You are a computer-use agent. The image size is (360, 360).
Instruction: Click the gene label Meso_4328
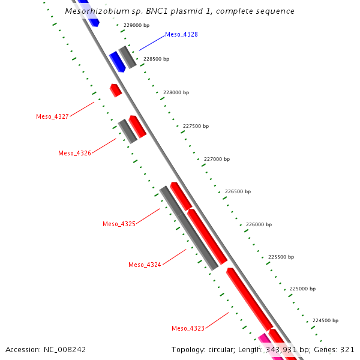pos(181,34)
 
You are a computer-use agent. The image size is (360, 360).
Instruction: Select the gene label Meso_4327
pos(52,116)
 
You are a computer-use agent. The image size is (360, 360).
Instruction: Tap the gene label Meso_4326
pos(74,153)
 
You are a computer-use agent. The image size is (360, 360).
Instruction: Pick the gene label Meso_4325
pos(119,224)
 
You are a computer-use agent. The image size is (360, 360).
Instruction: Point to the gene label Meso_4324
pos(145,265)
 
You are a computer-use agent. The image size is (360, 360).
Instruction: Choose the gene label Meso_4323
pos(188,328)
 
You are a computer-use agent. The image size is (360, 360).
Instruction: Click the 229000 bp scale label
pos(136,26)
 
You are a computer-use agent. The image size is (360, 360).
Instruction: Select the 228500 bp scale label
pos(156,59)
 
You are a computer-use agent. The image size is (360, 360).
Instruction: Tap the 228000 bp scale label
pos(176,92)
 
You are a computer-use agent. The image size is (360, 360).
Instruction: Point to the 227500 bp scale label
pos(196,126)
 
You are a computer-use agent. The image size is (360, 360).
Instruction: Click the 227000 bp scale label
pos(217,159)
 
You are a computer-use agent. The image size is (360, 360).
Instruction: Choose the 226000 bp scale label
pos(259,224)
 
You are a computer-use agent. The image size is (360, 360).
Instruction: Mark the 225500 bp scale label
pos(281,257)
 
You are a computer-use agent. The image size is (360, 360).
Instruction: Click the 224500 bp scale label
pos(325,321)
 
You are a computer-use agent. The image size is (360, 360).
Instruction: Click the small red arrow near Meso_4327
pos(116,90)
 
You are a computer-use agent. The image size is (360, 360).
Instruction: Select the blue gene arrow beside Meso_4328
pos(116,61)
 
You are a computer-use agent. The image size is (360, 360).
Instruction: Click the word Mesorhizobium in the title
pos(96,11)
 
